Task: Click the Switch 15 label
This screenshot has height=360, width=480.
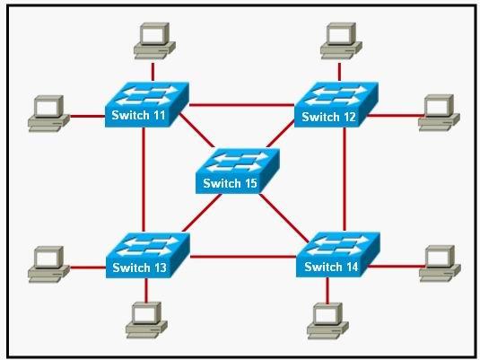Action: (230, 183)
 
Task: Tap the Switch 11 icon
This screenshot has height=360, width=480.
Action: (146, 104)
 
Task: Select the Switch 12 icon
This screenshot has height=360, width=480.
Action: (336, 104)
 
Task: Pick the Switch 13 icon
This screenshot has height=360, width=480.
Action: (147, 255)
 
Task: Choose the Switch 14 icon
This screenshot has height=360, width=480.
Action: (338, 255)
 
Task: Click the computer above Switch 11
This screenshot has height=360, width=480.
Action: (154, 40)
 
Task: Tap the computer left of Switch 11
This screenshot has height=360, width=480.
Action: (48, 114)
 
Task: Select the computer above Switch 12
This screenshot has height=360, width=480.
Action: (341, 40)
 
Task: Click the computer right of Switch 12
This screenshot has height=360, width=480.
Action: (439, 113)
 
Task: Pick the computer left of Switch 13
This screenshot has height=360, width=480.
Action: (48, 265)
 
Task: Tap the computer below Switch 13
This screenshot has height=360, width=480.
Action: (146, 320)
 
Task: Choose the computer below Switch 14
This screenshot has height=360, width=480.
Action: (327, 321)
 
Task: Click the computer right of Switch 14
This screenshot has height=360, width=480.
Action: (440, 264)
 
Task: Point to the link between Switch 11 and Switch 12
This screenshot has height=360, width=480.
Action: (241, 105)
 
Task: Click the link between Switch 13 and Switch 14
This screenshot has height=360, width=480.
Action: (243, 256)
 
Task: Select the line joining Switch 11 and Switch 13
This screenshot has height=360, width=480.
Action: (144, 180)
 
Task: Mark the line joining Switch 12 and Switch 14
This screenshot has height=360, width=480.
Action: (345, 179)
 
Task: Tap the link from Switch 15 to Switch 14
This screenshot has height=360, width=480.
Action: (284, 218)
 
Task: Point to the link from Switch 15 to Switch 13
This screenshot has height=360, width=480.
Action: (202, 213)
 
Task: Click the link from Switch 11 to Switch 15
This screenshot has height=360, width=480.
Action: (197, 130)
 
